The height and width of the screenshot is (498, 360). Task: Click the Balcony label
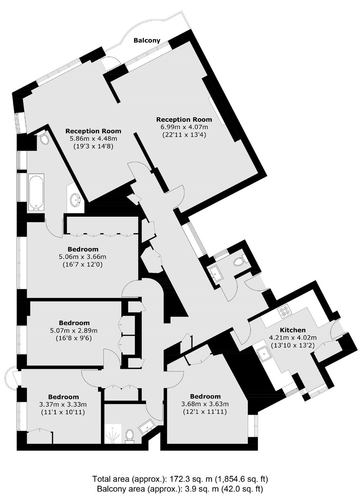click(147, 41)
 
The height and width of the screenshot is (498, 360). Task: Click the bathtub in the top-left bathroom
click(36, 192)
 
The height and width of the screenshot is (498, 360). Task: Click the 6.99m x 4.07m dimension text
click(184, 127)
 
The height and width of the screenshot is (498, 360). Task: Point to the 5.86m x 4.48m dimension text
click(93, 139)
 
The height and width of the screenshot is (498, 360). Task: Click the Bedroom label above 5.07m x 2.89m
click(74, 323)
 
